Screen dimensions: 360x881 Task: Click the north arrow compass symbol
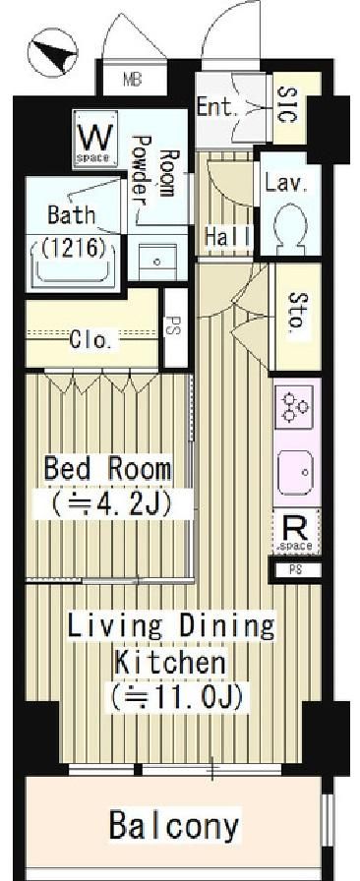53,53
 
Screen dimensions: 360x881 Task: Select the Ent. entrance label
218,107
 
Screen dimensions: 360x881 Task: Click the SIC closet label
286,106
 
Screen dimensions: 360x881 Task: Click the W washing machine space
95,139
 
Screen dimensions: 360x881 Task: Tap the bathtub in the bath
74,262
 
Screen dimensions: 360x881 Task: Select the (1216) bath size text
74,248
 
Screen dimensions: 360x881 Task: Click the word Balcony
174,826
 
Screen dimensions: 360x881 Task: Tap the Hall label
227,237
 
